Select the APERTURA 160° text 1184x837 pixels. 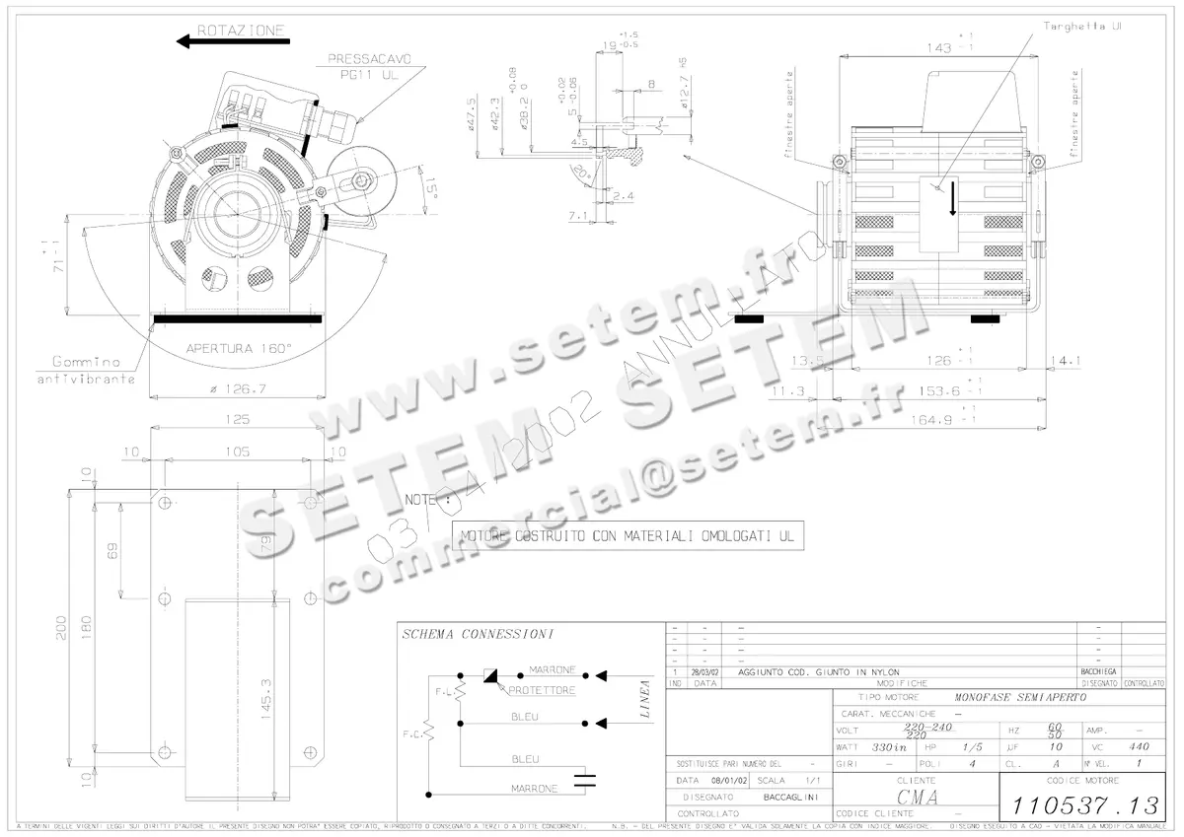241,349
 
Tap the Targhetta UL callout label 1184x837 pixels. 1082,27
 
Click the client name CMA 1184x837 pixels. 917,796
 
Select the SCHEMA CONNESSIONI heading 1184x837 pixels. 478,633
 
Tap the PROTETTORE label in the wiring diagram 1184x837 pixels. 542,691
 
